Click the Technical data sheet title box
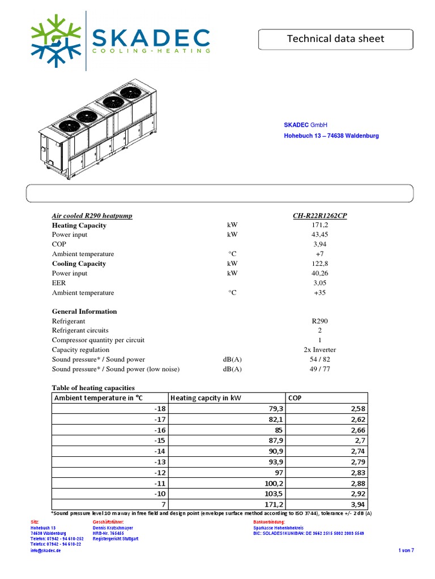pyautogui.click(x=335, y=39)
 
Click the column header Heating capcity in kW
pyautogui.click(x=206, y=398)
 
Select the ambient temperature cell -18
pyautogui.click(x=160, y=408)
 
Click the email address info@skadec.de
pyautogui.click(x=46, y=551)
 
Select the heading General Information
pyautogui.click(x=84, y=311)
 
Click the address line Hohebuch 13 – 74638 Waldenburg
pyautogui.click(x=331, y=136)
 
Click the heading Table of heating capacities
pyautogui.click(x=93, y=387)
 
